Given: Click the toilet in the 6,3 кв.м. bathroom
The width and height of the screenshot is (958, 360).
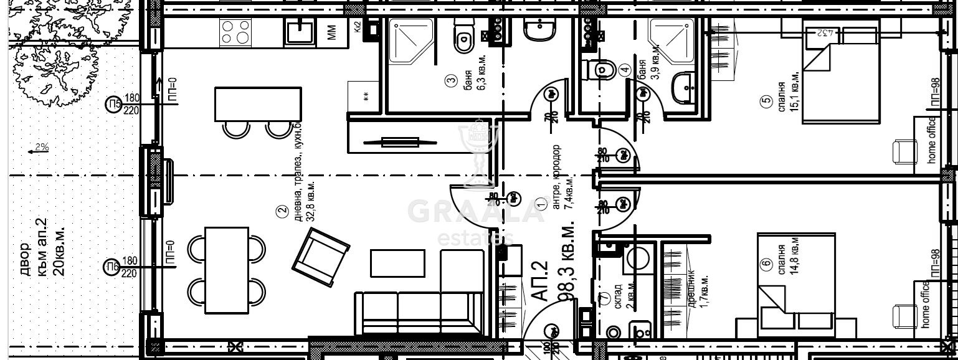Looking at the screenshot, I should click(x=463, y=38).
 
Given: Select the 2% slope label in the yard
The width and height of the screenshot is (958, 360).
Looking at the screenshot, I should click(x=42, y=148).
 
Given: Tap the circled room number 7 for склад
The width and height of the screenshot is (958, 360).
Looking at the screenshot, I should click(x=604, y=296).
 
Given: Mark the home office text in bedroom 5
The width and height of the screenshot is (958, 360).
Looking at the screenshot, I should click(x=932, y=140).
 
